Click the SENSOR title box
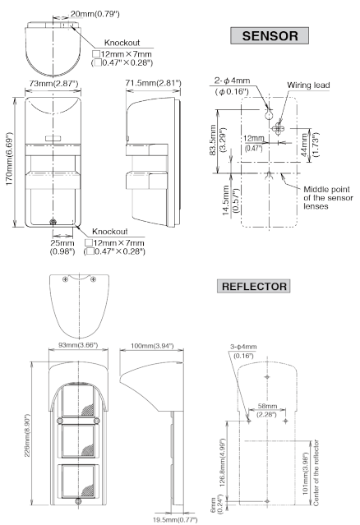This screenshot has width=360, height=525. point(270,35)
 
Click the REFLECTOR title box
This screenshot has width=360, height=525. point(254,286)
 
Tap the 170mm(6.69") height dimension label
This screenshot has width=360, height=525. point(10,159)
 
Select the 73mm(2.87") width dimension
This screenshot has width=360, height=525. point(53,83)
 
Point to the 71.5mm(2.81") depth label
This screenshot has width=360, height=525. point(154,83)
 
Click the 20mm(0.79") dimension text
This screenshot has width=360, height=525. point(95,14)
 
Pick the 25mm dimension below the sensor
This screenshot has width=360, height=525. point(62,246)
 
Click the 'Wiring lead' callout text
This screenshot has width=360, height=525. point(308,85)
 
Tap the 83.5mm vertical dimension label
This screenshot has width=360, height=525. point(217,140)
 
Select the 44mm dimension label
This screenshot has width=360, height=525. point(310,145)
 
